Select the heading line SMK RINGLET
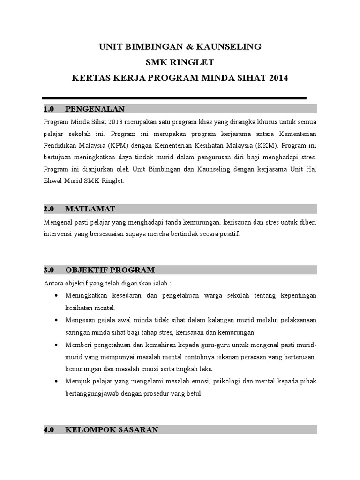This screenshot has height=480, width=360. tap(180, 62)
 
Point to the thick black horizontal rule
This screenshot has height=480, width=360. tap(175, 98)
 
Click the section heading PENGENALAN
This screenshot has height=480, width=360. tap(95, 109)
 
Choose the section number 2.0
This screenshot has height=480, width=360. tap(49, 208)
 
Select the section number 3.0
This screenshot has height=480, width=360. tap(49, 270)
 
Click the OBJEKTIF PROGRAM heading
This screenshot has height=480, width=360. tap(110, 270)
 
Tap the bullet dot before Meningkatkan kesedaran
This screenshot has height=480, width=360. tap(56, 295)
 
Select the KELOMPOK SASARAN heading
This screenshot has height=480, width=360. tap(112, 429)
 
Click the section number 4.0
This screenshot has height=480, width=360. tap(49, 429)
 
